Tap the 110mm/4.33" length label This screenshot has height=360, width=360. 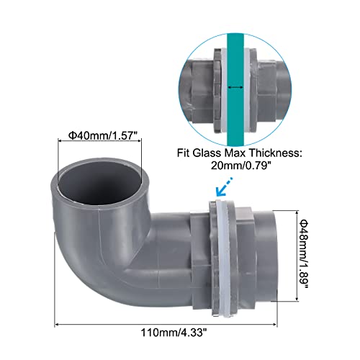click(174, 333)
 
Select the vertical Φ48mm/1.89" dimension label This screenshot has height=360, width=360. click(304, 254)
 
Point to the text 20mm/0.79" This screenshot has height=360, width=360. click(240, 166)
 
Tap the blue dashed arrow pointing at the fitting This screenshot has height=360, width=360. click(224, 186)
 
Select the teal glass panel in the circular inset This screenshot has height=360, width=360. click(235, 89)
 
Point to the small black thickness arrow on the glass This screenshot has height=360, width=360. click(235, 87)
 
